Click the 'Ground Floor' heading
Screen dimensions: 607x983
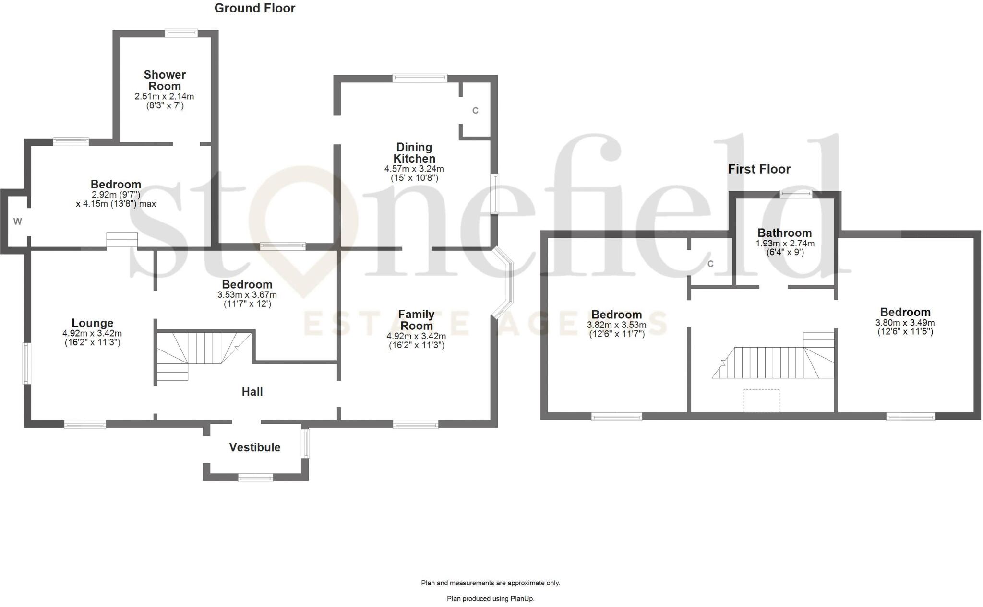point(254,8)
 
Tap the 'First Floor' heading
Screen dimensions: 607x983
point(759,169)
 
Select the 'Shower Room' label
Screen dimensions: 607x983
point(165,81)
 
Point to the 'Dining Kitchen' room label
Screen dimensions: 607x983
point(414,153)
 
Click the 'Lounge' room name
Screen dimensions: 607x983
point(93,323)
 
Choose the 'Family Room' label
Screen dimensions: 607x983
point(416,320)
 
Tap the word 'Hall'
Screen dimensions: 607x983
point(252,392)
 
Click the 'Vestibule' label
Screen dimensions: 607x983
point(255,447)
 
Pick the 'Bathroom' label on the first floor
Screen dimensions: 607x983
point(784,233)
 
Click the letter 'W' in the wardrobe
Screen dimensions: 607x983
point(17,222)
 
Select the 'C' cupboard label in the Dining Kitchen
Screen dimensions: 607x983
point(475,111)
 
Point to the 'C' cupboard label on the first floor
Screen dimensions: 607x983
point(710,264)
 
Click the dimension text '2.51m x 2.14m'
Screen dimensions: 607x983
point(165,96)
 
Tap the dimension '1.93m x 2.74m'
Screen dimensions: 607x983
point(785,244)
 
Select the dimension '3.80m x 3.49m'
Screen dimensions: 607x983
point(905,323)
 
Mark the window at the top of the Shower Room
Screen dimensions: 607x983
point(181,33)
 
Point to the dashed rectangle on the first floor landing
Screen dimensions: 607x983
point(762,400)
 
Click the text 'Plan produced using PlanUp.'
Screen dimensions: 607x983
point(491,599)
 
